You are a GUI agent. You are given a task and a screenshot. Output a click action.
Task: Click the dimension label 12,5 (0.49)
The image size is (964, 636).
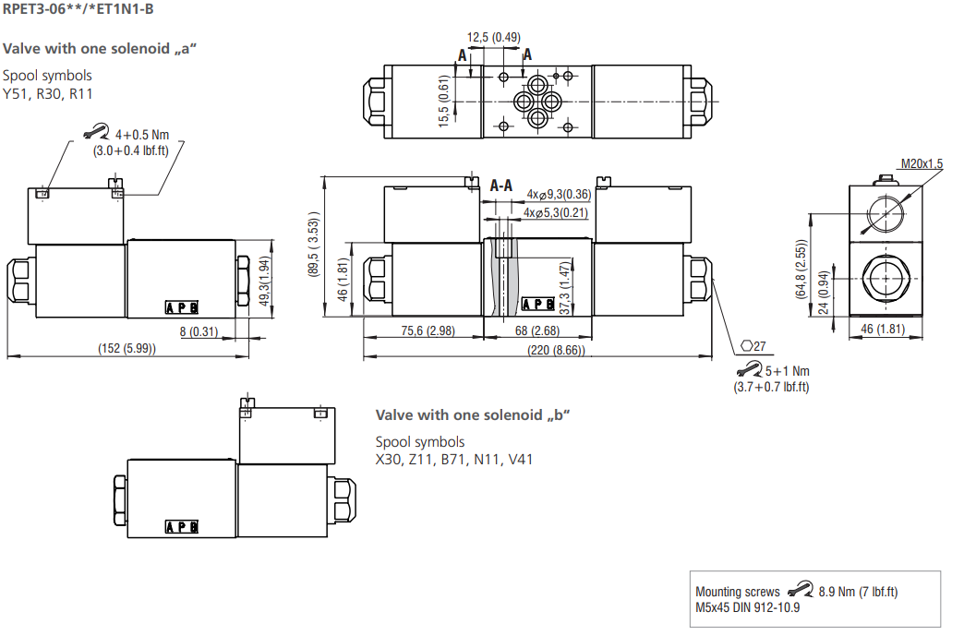493,38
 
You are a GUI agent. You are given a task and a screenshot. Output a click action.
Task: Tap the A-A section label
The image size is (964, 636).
501,186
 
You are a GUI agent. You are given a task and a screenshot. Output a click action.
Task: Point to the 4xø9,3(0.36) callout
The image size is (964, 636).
559,194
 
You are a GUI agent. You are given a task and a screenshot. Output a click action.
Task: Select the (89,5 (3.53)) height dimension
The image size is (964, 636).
315,245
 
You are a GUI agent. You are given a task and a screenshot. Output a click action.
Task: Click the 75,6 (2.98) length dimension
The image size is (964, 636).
426,331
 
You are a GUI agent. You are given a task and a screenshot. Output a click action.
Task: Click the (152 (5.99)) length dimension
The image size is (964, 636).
127,348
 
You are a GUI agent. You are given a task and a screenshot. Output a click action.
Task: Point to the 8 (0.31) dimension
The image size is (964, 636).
198,331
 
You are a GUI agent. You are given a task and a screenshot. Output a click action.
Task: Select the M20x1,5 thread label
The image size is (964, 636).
922,163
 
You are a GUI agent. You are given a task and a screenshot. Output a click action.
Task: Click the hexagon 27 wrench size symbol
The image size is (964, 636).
753,346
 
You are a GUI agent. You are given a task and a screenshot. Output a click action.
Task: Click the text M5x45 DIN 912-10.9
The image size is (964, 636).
747,606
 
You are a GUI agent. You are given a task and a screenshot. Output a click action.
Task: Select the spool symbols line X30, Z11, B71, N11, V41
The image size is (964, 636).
453,460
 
